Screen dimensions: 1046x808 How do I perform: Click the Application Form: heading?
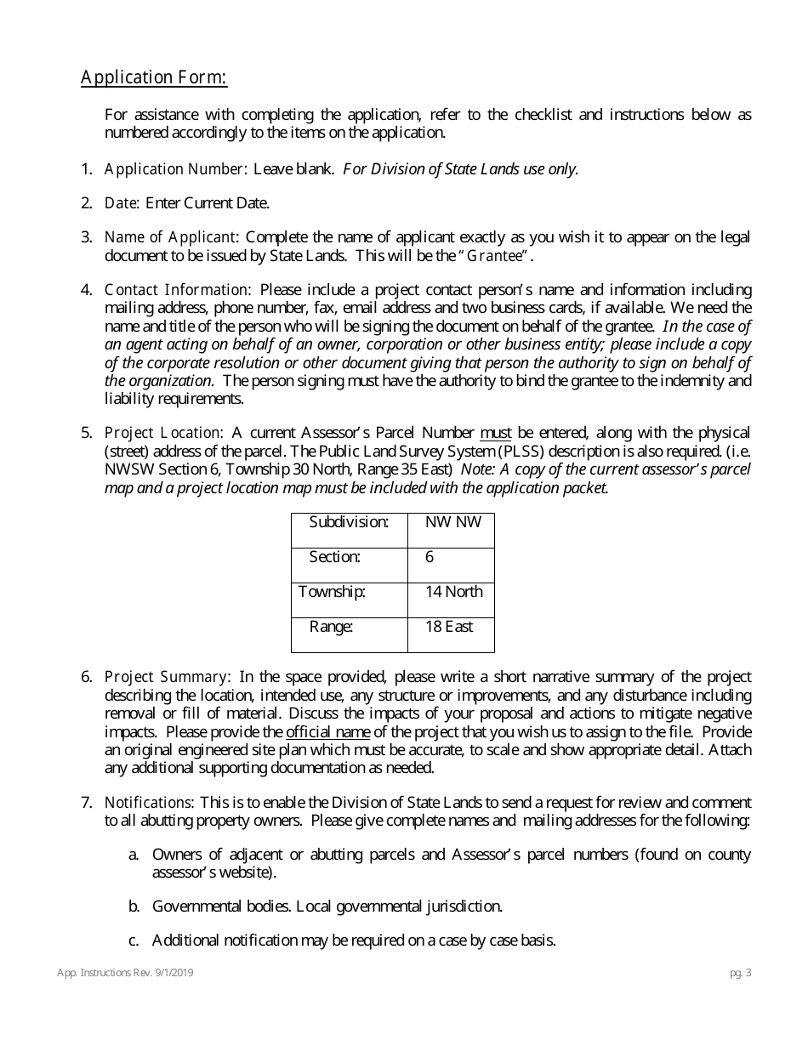point(154,78)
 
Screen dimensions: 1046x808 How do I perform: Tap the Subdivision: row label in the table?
point(349,521)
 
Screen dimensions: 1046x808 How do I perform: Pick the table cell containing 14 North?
point(452,591)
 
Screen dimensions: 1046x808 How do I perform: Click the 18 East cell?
point(449,627)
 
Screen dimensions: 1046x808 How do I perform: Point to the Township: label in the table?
point(333,591)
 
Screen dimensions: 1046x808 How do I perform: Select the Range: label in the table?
point(331,627)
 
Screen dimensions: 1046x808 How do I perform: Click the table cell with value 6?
point(430,557)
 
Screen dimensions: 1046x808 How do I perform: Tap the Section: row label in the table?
point(334,557)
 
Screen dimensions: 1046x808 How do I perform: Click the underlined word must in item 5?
point(496,433)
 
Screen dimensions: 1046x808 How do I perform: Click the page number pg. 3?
point(740,974)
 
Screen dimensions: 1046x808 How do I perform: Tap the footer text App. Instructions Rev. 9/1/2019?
point(125,974)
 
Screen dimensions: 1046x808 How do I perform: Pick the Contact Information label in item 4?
point(177,290)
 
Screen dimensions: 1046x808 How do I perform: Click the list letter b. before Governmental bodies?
point(134,906)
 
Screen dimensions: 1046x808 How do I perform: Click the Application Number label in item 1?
point(174,168)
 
